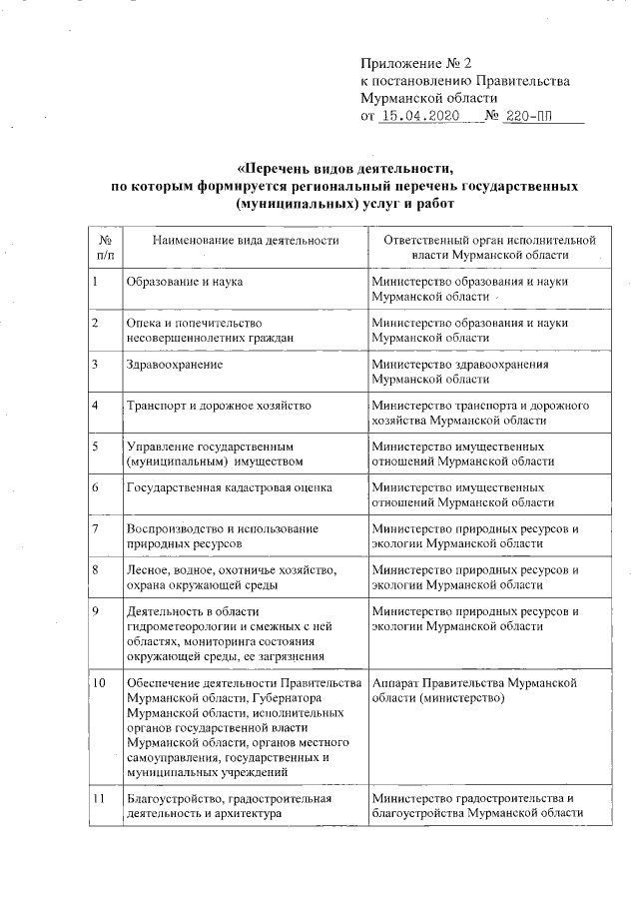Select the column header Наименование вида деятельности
[246, 240]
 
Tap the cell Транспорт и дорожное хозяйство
[219, 406]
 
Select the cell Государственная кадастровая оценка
[228, 487]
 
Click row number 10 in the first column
[100, 681]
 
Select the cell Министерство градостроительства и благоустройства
[475, 805]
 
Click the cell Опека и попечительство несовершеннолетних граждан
[210, 331]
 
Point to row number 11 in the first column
[100, 798]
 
